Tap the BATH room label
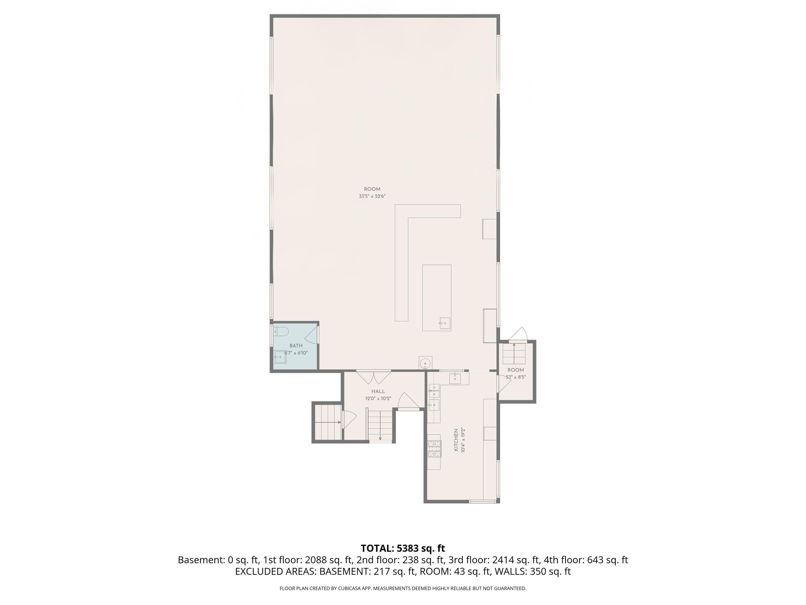(296, 346)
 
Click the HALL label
(378, 391)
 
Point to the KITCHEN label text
(456, 440)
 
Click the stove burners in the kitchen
(434, 449)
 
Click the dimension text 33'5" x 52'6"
(372, 196)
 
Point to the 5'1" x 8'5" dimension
(516, 377)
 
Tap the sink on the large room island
(445, 323)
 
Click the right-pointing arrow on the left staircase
(328, 422)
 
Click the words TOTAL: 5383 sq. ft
(403, 548)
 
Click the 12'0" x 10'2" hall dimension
(378, 398)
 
